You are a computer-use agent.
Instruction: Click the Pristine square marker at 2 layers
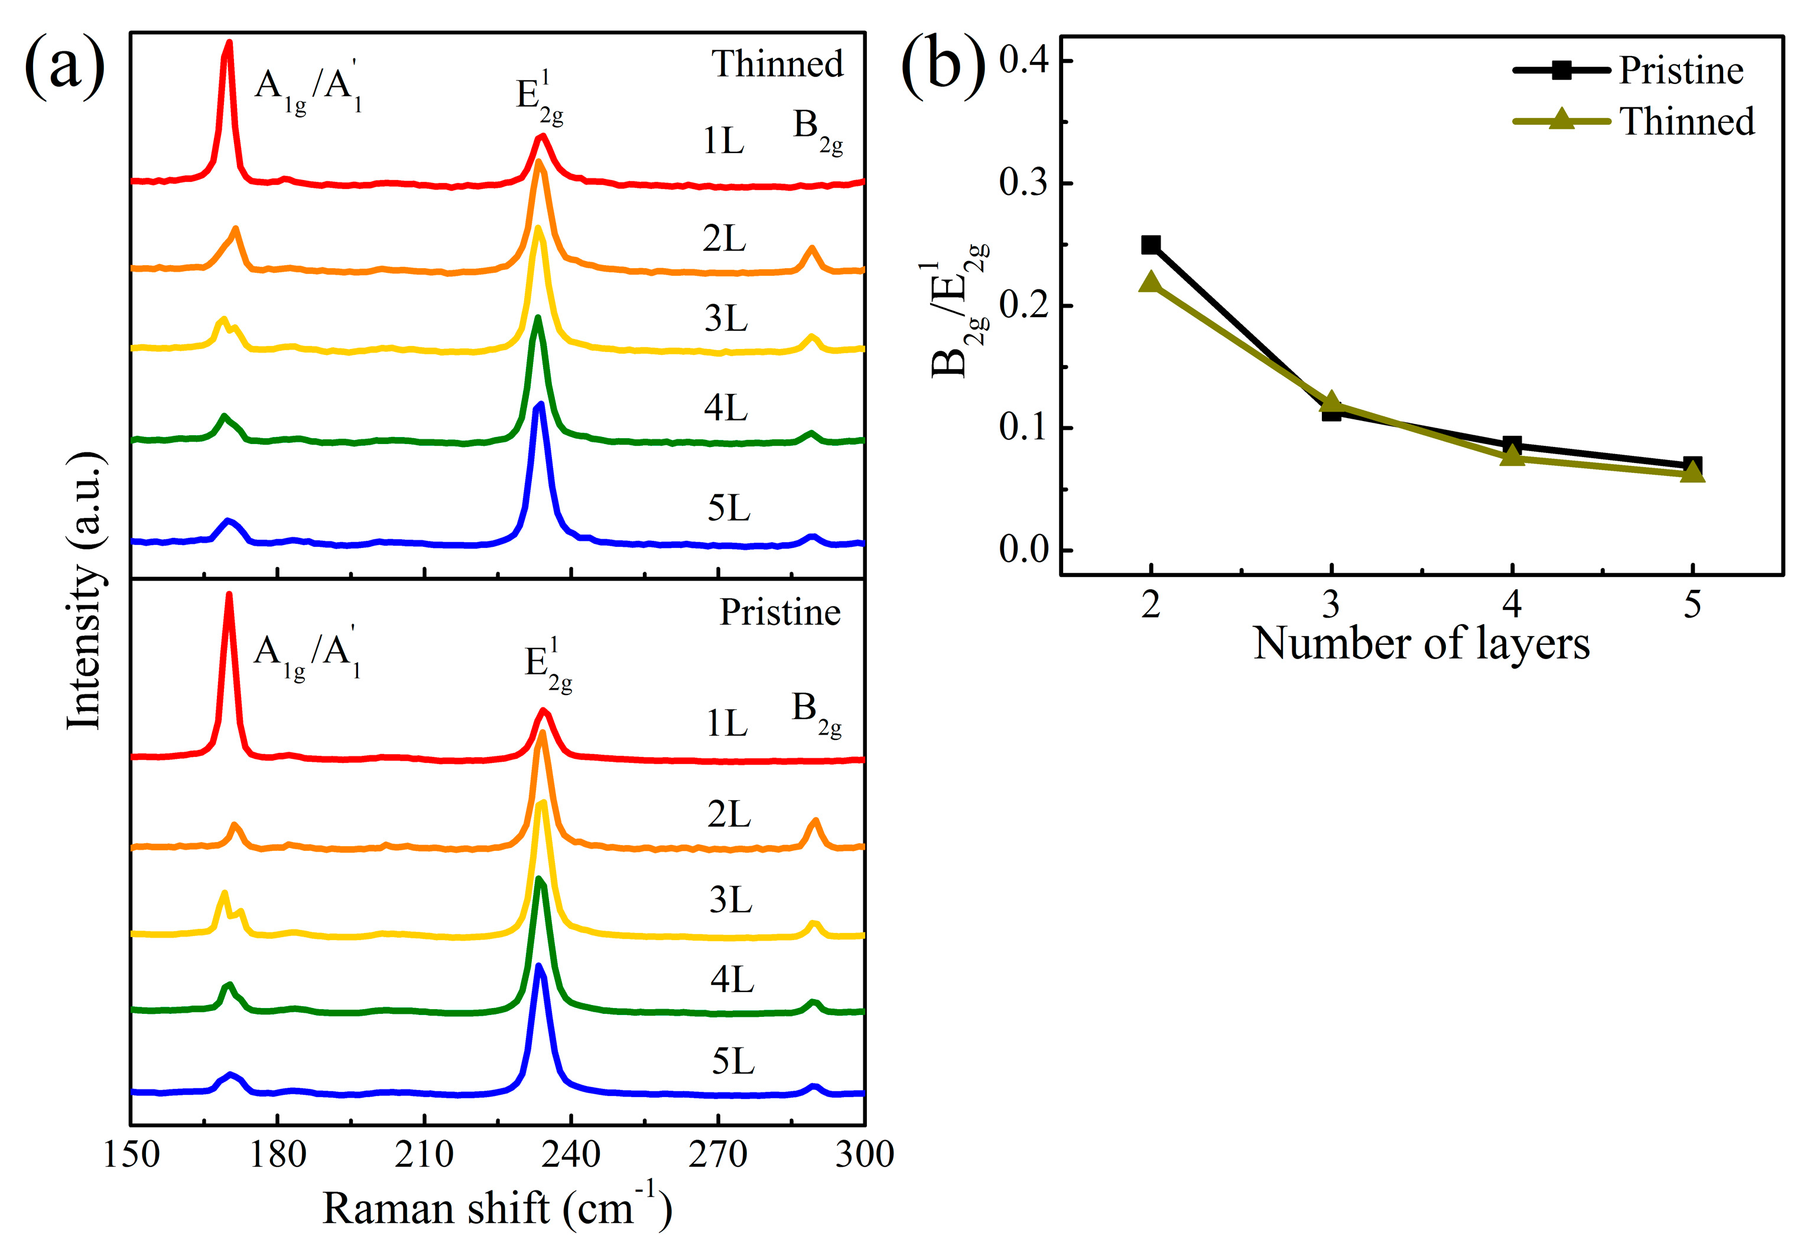click(x=1151, y=244)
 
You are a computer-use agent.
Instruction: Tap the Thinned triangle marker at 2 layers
click(x=1151, y=282)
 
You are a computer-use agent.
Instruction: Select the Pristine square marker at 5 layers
click(x=1692, y=465)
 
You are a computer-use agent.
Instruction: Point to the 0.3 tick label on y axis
click(x=1024, y=182)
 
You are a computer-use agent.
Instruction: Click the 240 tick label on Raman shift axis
click(x=571, y=1154)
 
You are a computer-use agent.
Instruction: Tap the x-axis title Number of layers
click(x=1421, y=644)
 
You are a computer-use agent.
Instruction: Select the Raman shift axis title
click(x=497, y=1208)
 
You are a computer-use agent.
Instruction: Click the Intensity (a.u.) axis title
click(x=85, y=591)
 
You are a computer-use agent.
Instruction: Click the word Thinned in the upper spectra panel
click(x=777, y=64)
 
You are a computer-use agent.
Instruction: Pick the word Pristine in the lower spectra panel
click(x=779, y=612)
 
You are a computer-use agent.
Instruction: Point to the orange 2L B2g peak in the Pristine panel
click(x=815, y=823)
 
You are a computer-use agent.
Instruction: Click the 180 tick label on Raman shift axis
click(x=277, y=1154)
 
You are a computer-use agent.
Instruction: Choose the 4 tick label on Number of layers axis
click(x=1511, y=605)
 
